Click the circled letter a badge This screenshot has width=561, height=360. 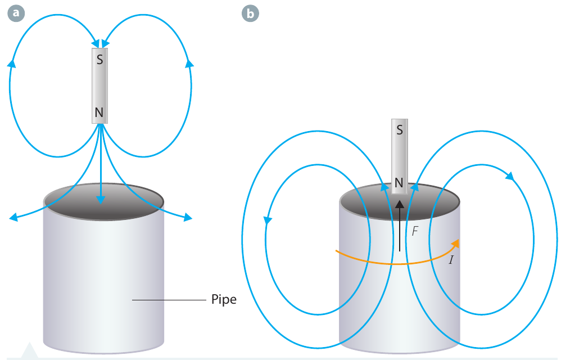pyautogui.click(x=16, y=13)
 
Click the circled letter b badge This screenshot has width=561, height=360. pyautogui.click(x=250, y=13)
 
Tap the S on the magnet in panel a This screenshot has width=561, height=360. pyautogui.click(x=100, y=60)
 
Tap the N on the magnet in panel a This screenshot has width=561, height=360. pyautogui.click(x=99, y=112)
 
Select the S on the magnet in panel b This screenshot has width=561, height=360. pyautogui.click(x=400, y=129)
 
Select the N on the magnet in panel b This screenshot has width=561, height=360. pyautogui.click(x=399, y=183)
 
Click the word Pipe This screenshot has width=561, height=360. pyautogui.click(x=224, y=299)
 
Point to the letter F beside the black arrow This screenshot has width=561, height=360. pyautogui.click(x=415, y=231)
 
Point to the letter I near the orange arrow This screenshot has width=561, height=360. pyautogui.click(x=451, y=260)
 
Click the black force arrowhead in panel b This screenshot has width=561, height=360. pyautogui.click(x=400, y=204)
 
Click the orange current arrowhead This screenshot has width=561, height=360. pyautogui.click(x=455, y=244)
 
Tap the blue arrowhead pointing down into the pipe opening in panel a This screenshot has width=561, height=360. pyautogui.click(x=101, y=199)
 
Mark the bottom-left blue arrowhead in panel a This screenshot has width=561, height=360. pyautogui.click(x=13, y=217)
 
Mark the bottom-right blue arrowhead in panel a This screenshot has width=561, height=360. pyautogui.click(x=188, y=217)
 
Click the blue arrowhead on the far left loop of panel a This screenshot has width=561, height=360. pyautogui.click(x=12, y=63)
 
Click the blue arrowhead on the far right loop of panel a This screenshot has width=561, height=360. pyautogui.click(x=189, y=63)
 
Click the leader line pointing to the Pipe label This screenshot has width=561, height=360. pyautogui.click(x=169, y=300)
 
